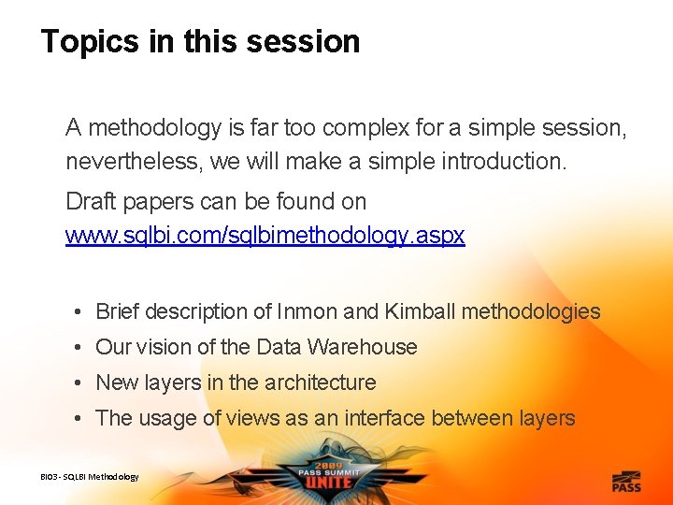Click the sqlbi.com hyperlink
[265, 236]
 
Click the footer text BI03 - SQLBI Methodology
[89, 477]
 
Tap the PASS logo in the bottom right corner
[626, 482]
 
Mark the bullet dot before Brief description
[83, 311]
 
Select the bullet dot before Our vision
[83, 347]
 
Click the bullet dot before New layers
[83, 382]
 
